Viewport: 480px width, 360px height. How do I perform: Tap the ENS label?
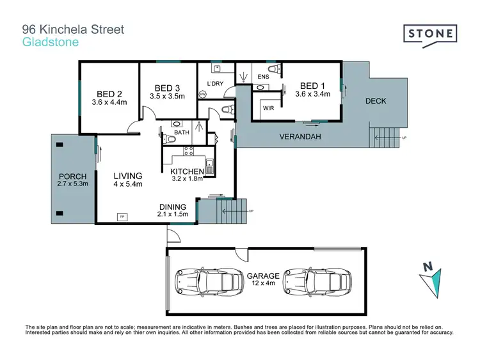pos(262,76)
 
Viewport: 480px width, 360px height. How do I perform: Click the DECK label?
pos(376,101)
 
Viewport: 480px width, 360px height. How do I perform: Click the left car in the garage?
pos(202,280)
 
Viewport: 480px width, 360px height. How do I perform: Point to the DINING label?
pos(173,207)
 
